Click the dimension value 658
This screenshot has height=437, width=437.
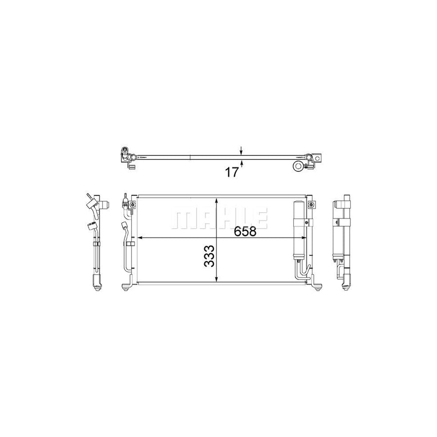245,231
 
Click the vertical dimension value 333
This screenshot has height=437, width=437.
210,256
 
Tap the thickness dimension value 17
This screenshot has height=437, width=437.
232,172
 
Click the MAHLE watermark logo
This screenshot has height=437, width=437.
219,218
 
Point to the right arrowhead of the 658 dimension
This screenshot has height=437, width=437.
303,238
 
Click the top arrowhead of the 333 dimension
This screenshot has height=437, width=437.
217,201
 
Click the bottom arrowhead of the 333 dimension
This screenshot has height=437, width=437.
217,279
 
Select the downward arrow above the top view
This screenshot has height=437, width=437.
241,150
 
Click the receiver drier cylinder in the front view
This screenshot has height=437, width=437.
299,231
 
